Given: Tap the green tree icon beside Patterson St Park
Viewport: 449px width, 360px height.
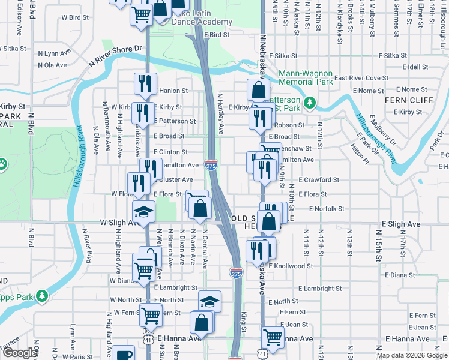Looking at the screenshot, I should (x=310, y=103).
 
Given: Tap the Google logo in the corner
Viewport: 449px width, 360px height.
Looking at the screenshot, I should (x=20, y=353).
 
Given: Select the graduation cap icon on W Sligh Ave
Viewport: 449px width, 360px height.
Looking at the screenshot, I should (x=143, y=212).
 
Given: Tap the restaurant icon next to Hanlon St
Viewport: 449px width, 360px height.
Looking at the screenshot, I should (x=145, y=83).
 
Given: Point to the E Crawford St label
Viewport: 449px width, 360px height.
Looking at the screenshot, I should (x=319, y=179).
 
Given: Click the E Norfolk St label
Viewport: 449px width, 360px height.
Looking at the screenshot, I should (x=327, y=209).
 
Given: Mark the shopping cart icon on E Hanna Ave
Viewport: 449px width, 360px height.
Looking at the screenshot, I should (x=273, y=337).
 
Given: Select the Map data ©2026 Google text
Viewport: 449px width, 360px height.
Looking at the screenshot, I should (x=411, y=355).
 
